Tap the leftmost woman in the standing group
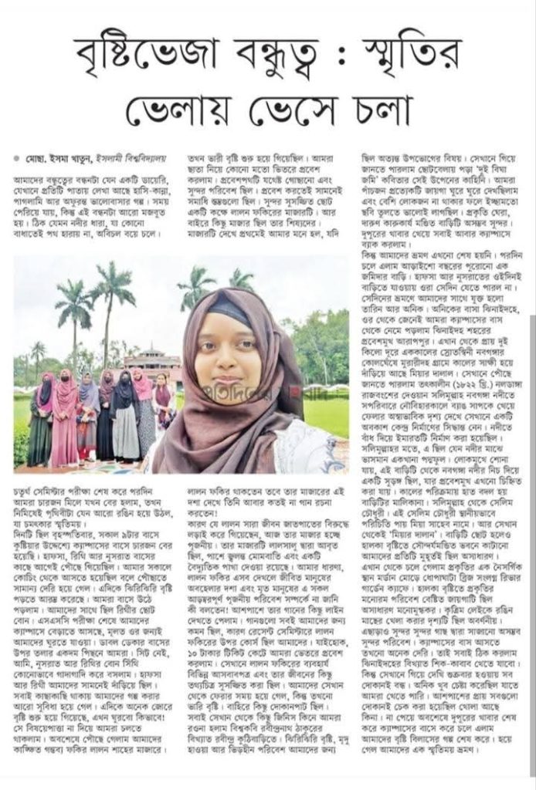[40, 420]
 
